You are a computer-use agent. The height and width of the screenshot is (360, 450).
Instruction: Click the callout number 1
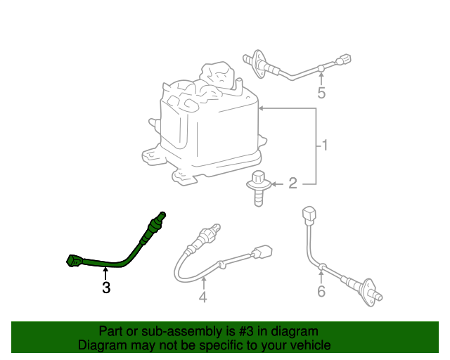[x=325, y=146]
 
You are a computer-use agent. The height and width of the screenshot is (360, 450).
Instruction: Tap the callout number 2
[x=292, y=184]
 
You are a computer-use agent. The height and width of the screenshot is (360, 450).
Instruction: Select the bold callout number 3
[x=105, y=288]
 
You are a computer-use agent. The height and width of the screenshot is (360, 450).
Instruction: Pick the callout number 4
[x=202, y=297]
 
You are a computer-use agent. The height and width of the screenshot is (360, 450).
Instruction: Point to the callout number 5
[x=321, y=92]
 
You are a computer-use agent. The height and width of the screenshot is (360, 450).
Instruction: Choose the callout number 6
[x=321, y=290]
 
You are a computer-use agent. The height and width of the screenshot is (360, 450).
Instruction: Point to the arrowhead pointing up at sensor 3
[x=105, y=271]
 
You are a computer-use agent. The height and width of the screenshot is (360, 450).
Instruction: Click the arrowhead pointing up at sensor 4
[x=202, y=281]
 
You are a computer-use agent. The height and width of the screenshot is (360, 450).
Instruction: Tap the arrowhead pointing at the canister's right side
[x=262, y=109]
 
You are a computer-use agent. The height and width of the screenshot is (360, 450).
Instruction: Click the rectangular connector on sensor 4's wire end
[x=263, y=252]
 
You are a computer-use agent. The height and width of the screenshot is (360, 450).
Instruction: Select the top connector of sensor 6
[x=308, y=214]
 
